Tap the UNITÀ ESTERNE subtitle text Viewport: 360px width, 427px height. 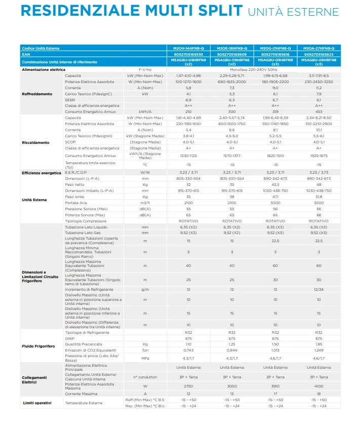pos(293,11)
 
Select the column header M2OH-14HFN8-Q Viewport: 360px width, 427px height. pos(188,48)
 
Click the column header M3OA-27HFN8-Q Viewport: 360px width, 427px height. pos(318,48)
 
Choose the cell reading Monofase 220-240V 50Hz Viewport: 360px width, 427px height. pos(253,69)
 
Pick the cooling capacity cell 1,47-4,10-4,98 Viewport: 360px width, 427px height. pos(188,75)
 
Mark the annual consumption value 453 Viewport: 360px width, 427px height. pos(318,112)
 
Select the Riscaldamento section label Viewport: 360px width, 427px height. pos(36,142)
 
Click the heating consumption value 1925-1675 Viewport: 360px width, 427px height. pos(318,156)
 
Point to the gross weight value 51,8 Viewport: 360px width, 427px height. pos(318,196)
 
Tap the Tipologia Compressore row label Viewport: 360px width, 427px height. pos(86,221)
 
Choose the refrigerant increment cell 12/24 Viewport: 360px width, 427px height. pos(318,289)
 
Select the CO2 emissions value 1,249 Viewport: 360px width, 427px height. pos(318,351)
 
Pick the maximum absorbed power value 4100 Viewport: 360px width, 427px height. pos(318,386)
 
